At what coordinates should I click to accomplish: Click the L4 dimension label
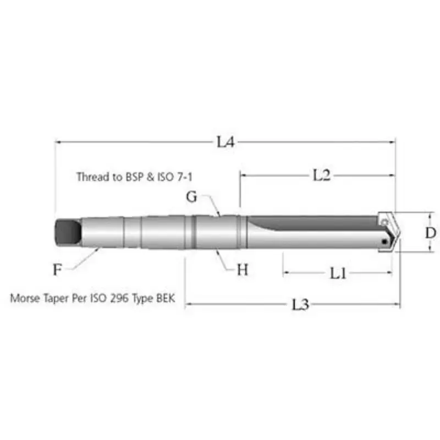[x=226, y=142]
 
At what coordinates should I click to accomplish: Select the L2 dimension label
[x=322, y=175]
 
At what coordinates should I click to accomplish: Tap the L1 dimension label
[x=338, y=273]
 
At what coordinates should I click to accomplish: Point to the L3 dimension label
[x=300, y=305]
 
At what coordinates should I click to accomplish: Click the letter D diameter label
[x=431, y=233]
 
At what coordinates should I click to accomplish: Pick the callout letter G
[x=191, y=196]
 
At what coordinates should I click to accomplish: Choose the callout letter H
[x=243, y=270]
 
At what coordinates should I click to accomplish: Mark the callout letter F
[x=57, y=269]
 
